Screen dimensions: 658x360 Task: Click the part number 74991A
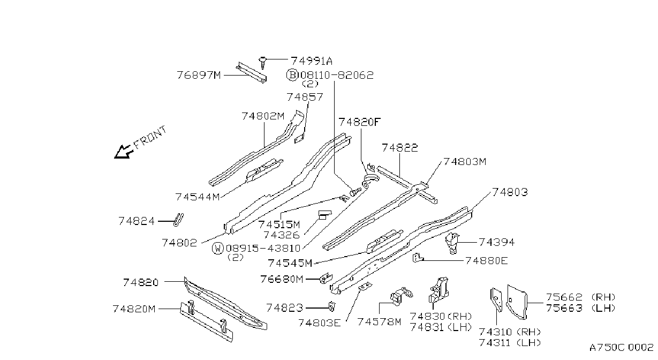312,61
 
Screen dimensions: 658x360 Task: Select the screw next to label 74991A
263,63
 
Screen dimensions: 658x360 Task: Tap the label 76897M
199,75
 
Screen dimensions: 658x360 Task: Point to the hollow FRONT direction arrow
124,152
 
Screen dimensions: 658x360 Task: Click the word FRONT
150,137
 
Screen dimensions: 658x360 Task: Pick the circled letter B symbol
292,75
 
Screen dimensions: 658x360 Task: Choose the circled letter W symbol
218,249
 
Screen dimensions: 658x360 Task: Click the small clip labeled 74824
179,220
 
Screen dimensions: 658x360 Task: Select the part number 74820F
359,122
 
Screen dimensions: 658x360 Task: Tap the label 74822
400,147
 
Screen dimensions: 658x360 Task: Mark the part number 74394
497,242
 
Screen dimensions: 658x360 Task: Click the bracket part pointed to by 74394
452,243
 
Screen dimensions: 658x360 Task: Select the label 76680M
282,279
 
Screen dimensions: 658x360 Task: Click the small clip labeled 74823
331,306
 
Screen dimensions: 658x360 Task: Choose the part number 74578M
379,322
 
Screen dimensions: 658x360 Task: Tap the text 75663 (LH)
580,308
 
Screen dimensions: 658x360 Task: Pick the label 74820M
134,309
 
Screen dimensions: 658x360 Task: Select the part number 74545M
290,262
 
